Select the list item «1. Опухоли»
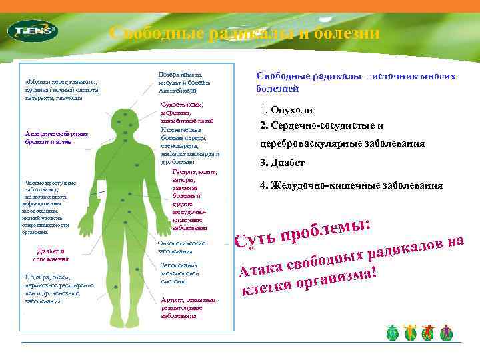point(287,111)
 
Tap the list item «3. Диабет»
point(282,163)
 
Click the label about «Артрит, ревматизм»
point(189,307)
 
